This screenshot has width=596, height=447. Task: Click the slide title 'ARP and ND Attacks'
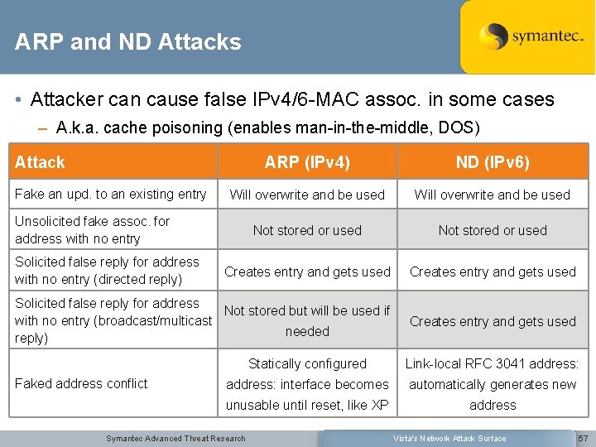tap(128, 42)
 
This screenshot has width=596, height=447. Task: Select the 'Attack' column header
tap(40, 162)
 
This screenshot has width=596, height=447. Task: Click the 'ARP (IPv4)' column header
tap(307, 162)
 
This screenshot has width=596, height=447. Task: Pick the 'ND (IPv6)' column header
tap(493, 162)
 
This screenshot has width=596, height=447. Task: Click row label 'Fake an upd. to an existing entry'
tap(111, 195)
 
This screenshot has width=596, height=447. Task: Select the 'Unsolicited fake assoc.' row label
tap(92, 230)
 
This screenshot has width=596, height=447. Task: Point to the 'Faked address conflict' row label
tap(81, 383)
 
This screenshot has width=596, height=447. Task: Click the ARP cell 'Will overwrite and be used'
tap(307, 195)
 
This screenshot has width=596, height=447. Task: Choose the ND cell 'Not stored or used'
tap(493, 231)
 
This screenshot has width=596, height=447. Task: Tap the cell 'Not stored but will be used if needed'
tap(307, 321)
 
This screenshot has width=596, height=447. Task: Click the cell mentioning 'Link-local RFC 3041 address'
tap(493, 384)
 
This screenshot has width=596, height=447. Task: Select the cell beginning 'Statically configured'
tap(307, 384)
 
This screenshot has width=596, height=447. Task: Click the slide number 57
tap(583, 438)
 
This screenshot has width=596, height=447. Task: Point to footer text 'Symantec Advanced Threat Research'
tap(175, 438)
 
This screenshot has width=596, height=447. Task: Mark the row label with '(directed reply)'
tap(107, 271)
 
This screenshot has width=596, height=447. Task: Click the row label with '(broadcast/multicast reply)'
tap(113, 320)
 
